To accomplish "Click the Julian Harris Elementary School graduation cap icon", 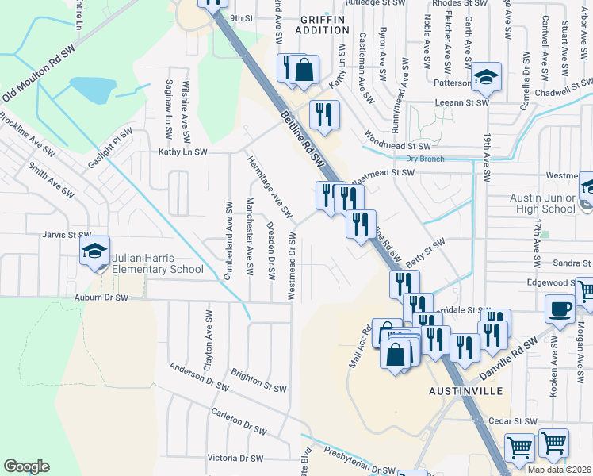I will point(94,252).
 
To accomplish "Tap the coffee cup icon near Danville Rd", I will point(560,309).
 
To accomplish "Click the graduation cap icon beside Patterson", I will point(486,77).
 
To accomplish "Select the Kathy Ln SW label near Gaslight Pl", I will point(182,152).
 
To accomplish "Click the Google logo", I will point(26,466).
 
